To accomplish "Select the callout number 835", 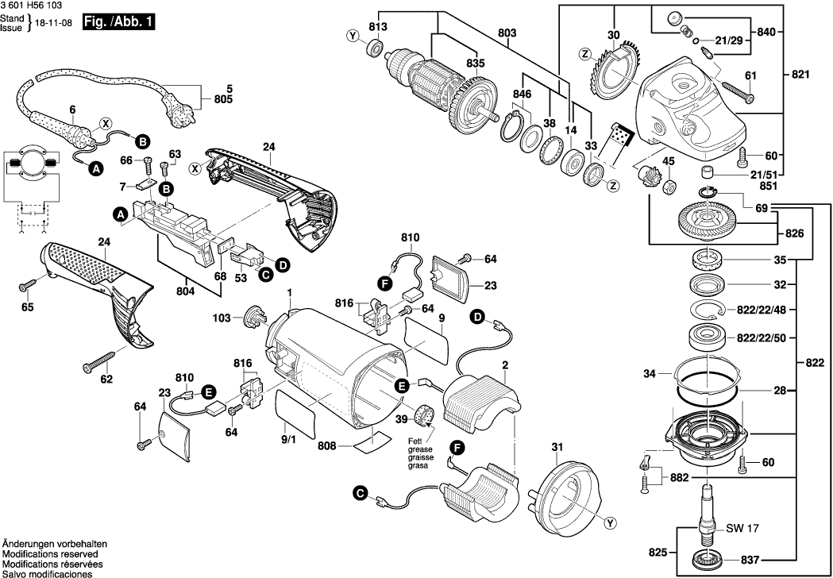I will (475, 63).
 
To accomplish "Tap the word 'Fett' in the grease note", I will (414, 441).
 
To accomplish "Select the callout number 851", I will (766, 187).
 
